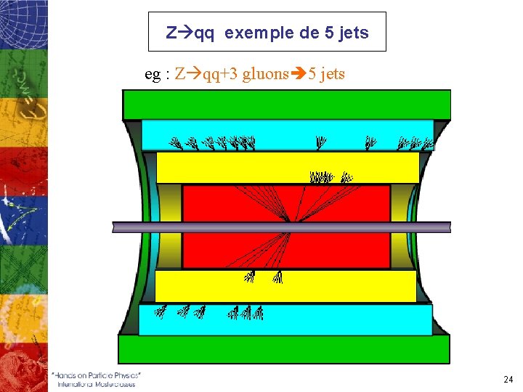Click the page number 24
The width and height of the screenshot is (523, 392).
pos(508,379)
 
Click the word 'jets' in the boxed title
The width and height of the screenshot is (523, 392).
pos(354,33)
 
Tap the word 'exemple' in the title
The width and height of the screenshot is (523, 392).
pos(254,33)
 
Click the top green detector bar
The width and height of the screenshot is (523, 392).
pos(287,105)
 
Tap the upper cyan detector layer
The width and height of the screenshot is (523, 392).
pos(287,136)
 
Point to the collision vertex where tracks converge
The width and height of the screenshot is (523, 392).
pos(289,222)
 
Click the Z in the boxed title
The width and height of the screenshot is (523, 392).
pos(171,33)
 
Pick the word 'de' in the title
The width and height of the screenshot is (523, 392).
pos(307,33)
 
